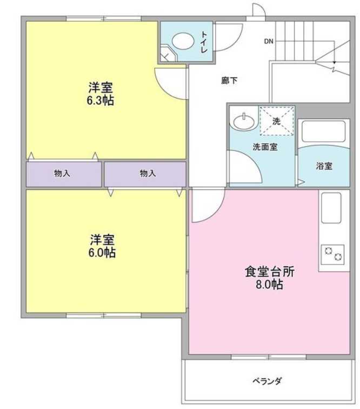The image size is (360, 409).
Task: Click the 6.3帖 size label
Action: coord(101,101)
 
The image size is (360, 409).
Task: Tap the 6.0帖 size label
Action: coord(102,253)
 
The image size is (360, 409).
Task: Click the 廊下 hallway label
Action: coord(230,81)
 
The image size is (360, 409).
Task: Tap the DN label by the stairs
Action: coord(269,41)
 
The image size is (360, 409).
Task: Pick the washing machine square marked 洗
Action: coord(277,121)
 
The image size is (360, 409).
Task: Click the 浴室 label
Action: coord(324,166)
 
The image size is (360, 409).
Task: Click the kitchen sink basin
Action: coord(331,208)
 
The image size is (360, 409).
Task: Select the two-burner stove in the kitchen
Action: coord(332,253)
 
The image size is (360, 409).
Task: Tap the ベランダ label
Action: coord(267,381)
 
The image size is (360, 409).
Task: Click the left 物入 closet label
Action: coord(63,174)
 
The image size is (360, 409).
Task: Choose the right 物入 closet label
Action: coord(148,174)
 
